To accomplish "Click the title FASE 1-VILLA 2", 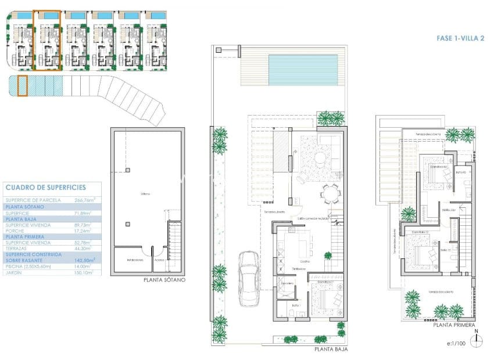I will tap(460, 38).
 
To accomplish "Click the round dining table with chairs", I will tap(330, 192).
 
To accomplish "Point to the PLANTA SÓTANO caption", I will tap(164, 280).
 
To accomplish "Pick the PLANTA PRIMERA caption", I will tap(454, 326).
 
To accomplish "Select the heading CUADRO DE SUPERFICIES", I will tap(45, 188).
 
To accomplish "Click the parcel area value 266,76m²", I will tap(84, 200).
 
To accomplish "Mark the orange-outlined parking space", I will tap(23, 86).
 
